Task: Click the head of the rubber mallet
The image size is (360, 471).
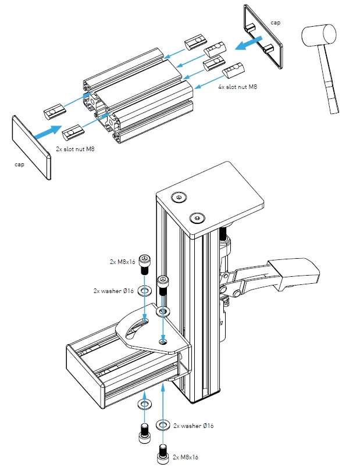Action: (x=318, y=40)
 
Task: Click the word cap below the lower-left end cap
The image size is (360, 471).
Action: (x=19, y=165)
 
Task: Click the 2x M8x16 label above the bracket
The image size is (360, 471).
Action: (x=122, y=262)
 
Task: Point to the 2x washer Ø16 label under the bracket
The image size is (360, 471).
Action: (x=194, y=426)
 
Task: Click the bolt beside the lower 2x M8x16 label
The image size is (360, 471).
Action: (x=163, y=451)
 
